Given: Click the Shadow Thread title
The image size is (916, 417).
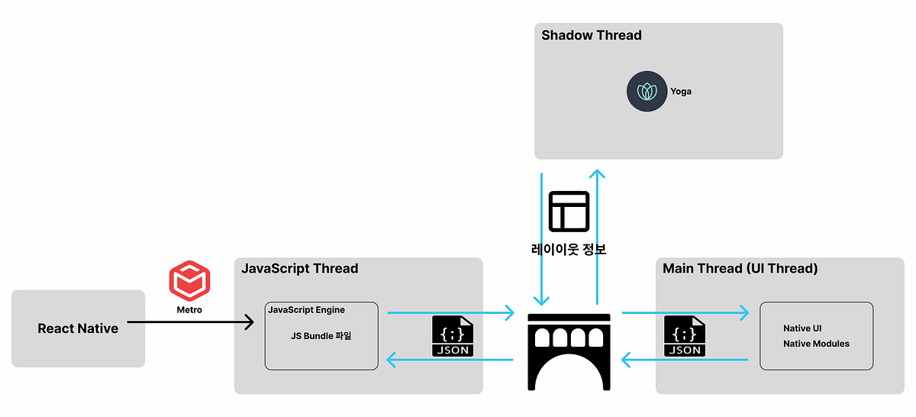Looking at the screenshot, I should point(591,35).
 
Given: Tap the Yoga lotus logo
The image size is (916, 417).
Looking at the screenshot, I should point(647,92).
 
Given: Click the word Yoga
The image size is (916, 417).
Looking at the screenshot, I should point(681,92).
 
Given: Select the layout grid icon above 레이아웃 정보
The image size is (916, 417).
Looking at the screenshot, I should point(569,211).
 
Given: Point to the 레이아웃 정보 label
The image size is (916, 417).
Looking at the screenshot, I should point(569,249).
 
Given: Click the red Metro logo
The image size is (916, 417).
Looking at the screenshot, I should point(189,280).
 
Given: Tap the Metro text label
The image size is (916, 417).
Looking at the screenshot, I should point(189,310).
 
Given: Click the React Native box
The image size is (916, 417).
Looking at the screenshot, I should point(78,328).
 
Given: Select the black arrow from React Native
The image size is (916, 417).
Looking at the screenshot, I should point(191,323).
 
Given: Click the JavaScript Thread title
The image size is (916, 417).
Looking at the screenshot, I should point(299,269).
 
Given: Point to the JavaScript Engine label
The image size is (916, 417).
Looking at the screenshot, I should point(306,310).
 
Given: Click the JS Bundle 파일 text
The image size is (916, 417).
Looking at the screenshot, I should point(321,336).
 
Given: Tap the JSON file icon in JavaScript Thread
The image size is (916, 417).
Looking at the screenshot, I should point(453,336).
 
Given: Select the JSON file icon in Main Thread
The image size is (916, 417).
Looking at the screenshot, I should point(685,336).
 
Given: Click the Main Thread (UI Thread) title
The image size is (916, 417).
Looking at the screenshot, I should point(740,269).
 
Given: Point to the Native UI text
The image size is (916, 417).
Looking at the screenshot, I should point(802,328).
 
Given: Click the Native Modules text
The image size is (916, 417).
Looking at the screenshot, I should point(816,344).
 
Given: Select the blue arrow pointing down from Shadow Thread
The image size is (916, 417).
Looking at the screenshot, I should point(541,237).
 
